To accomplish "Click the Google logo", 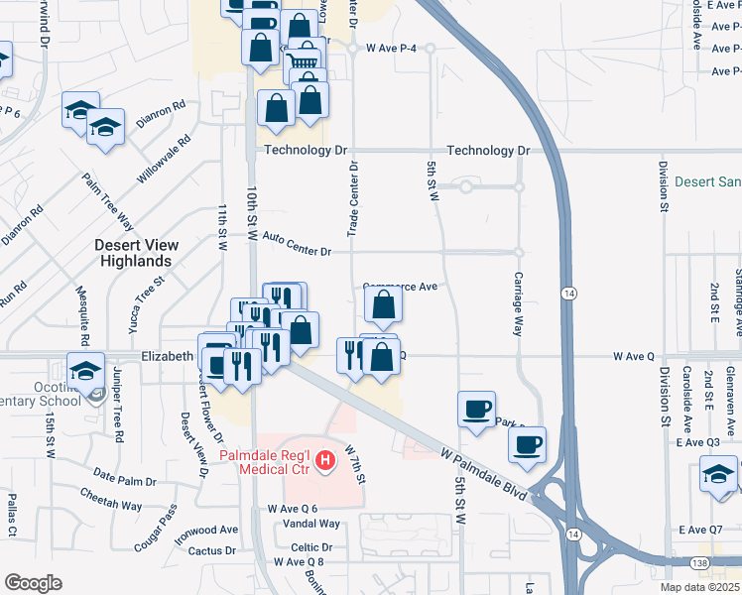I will pos(33,582).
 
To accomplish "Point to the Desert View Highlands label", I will pos(137,253).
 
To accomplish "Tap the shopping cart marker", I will pos(305,66).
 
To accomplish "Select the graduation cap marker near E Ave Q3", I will pos(718,473).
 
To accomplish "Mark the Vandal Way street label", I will pos(310,524).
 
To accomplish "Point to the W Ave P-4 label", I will pos(391,47).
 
